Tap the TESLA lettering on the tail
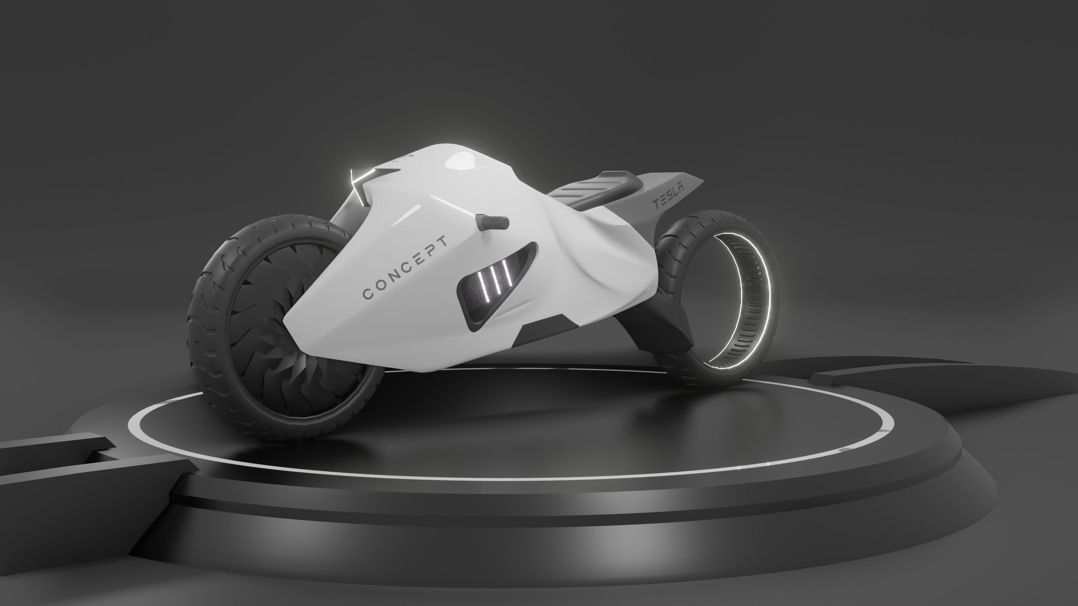(x=669, y=197)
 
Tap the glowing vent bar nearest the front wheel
(x=483, y=285)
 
